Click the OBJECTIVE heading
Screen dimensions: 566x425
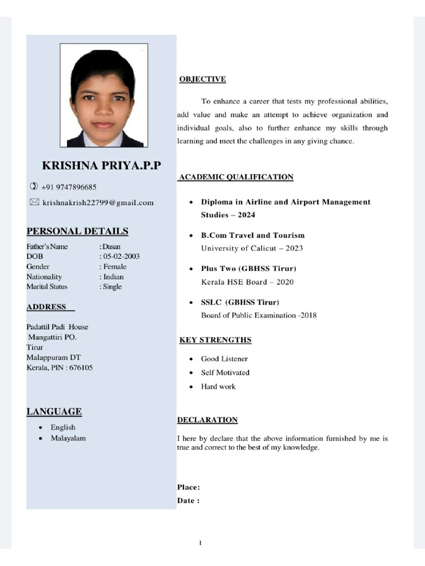(203, 79)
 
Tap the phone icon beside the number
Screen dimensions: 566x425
(33, 187)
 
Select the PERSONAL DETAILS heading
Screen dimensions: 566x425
(77, 231)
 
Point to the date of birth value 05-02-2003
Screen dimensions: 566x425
(121, 256)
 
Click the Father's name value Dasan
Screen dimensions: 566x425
(111, 247)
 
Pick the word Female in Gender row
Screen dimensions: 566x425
(115, 266)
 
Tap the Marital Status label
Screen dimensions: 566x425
(46, 286)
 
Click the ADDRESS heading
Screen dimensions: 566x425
(46, 307)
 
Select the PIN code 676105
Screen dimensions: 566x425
(80, 368)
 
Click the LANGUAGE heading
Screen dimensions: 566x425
(54, 411)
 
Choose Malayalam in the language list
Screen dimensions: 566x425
(68, 438)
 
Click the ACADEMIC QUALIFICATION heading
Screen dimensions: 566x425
(236, 177)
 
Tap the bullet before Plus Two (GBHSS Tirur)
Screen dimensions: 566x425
(190, 269)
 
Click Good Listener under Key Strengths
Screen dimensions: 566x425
(224, 359)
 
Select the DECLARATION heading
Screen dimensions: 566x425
(208, 420)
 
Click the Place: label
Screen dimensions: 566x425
(189, 487)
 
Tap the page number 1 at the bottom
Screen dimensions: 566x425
(200, 543)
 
